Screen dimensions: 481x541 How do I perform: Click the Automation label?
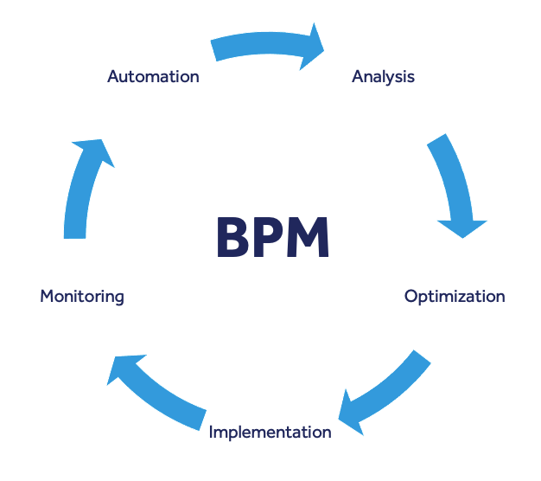point(153,76)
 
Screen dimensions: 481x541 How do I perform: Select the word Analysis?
point(383,76)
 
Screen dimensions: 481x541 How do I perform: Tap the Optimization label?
point(455,297)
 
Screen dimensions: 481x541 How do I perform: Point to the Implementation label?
point(270,432)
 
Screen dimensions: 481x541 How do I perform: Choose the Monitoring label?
point(82,297)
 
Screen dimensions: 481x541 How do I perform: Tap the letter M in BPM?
point(309,237)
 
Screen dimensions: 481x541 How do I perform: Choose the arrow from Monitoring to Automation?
point(82,186)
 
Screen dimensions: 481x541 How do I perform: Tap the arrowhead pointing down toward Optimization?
point(462,227)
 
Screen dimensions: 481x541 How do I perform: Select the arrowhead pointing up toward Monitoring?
point(120,368)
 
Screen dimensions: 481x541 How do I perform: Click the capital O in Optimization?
point(411,297)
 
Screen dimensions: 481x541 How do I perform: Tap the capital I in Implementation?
point(212,432)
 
